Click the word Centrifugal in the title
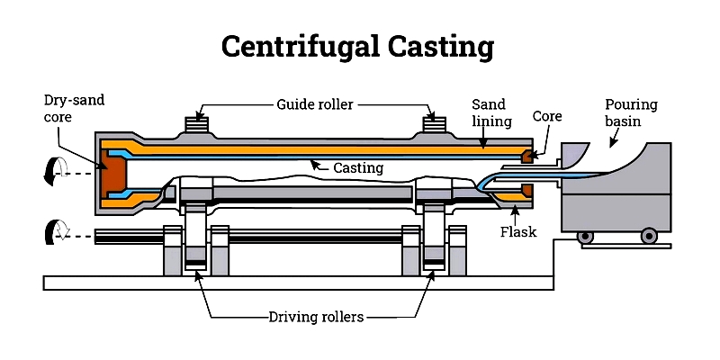pos(298,45)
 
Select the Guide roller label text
pos(315,104)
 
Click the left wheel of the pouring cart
pos(586,236)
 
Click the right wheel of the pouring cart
pos(648,236)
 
